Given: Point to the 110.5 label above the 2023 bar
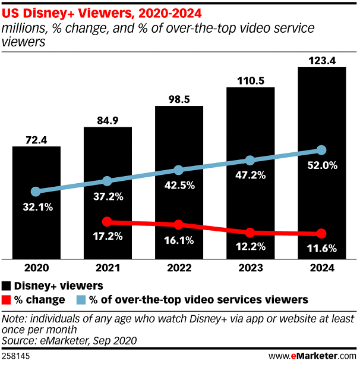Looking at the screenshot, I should [250, 80].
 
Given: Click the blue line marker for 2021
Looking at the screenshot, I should [107, 181].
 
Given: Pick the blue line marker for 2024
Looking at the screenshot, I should [321, 150].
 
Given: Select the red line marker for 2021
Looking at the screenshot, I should [107, 222].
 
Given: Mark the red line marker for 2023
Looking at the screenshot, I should [250, 232].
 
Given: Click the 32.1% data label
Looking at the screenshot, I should [36, 208].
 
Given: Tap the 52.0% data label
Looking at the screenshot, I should [321, 167].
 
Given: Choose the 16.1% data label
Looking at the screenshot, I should [179, 242].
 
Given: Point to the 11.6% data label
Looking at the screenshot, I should [321, 249].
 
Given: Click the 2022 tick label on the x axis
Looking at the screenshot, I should [179, 268].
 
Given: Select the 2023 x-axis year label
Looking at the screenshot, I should [250, 268].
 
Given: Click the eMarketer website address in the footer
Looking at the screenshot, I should [312, 356].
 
